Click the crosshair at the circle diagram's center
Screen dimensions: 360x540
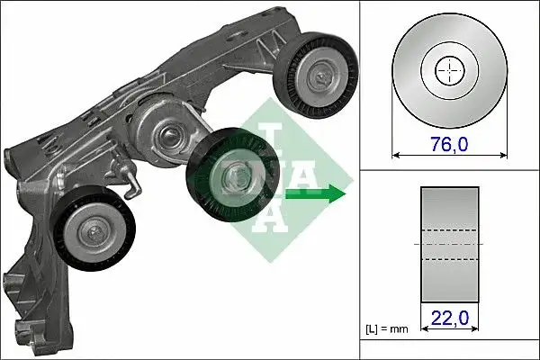click(448, 71)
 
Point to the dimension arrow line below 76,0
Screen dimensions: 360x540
click(447, 154)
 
